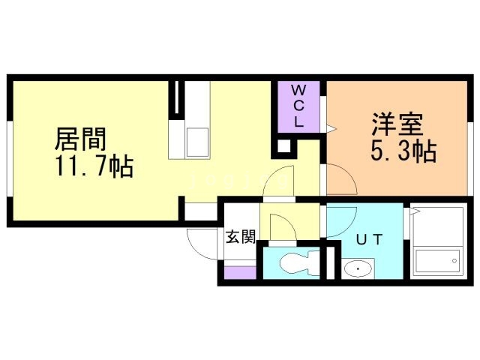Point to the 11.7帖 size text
(93, 166)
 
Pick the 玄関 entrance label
(241, 237)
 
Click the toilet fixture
(290, 264)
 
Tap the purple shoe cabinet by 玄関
(240, 272)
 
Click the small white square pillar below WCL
(284, 146)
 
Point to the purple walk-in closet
(298, 105)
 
